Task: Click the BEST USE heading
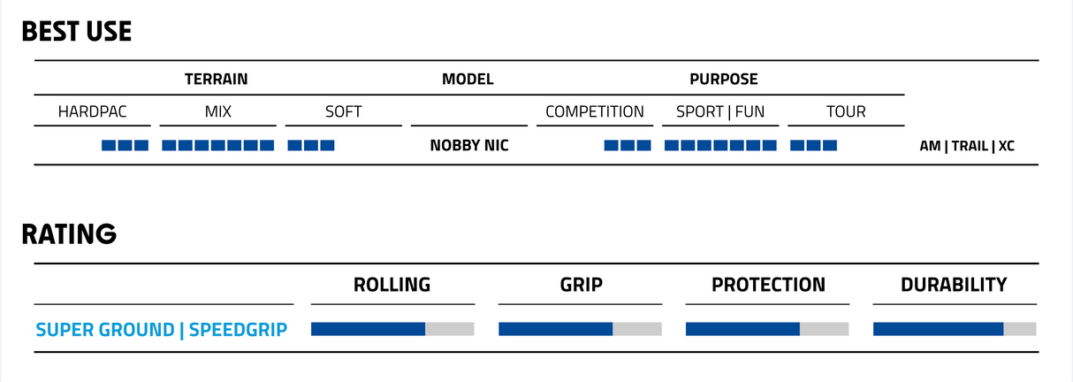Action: click(77, 32)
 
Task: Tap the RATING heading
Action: click(69, 234)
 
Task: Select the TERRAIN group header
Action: click(216, 79)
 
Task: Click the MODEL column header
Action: click(468, 79)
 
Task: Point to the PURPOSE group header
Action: click(723, 79)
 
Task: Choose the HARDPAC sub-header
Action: click(93, 111)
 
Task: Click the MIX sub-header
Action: click(218, 111)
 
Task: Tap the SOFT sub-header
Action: click(344, 111)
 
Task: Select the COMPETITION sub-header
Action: click(595, 111)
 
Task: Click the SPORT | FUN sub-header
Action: click(720, 111)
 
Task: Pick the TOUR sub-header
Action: click(846, 111)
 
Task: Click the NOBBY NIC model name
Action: click(469, 145)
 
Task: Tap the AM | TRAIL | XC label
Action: click(967, 146)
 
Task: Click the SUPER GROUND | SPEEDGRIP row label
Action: click(162, 330)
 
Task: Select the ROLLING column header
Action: click(392, 285)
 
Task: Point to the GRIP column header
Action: click(581, 285)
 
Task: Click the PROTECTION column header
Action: click(768, 285)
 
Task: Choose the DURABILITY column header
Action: click(954, 285)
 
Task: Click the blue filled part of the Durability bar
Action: click(939, 329)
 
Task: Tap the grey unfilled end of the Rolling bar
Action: click(450, 329)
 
